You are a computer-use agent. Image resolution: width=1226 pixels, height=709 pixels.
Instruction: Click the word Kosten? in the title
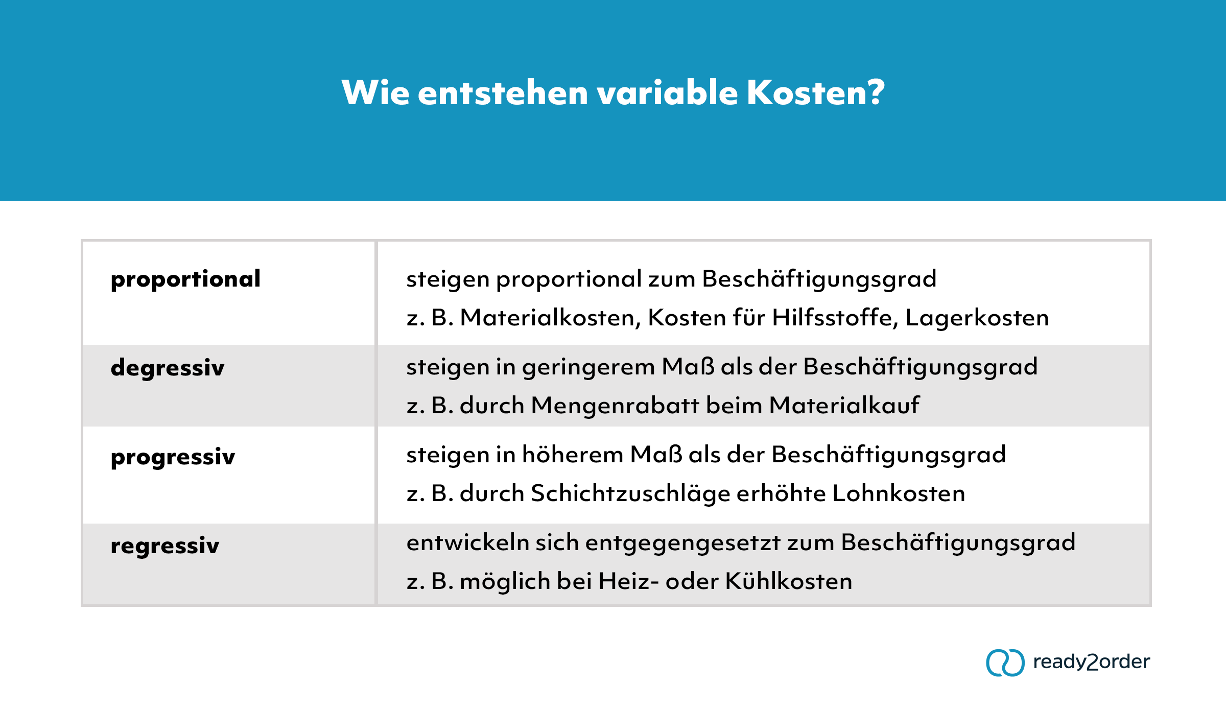point(816,93)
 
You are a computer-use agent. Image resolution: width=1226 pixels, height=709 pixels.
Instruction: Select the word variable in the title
point(667,93)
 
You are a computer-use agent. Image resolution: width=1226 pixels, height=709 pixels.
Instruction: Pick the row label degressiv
point(168,368)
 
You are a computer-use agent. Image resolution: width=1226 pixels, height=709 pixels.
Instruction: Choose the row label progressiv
point(173,457)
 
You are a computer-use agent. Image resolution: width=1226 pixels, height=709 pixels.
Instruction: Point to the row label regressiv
point(165,546)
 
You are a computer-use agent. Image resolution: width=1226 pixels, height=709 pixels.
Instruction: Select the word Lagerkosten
point(977,318)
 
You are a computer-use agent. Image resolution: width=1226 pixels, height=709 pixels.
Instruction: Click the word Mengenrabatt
point(615,406)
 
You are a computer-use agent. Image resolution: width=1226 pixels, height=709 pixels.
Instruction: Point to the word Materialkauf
point(844,406)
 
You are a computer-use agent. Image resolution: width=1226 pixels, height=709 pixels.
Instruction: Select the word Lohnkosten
point(899,493)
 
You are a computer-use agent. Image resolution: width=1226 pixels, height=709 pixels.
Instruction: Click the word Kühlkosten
point(789,581)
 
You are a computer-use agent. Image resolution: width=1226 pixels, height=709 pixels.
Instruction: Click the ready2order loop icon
point(1005,663)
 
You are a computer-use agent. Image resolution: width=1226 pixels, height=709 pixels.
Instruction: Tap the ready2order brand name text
point(1091,662)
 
